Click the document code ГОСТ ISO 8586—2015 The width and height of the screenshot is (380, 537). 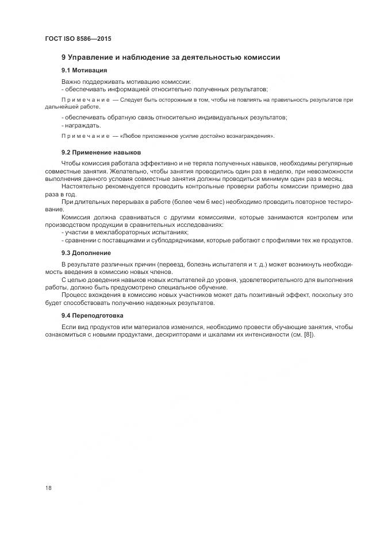78,39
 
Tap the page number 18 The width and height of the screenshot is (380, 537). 48,488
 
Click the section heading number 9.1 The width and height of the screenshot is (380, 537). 66,70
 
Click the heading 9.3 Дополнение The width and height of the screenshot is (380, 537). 86,253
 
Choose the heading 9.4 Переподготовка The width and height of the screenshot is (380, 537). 92,316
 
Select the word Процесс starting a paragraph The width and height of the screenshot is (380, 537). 74,295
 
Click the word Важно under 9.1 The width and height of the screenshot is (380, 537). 71,82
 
